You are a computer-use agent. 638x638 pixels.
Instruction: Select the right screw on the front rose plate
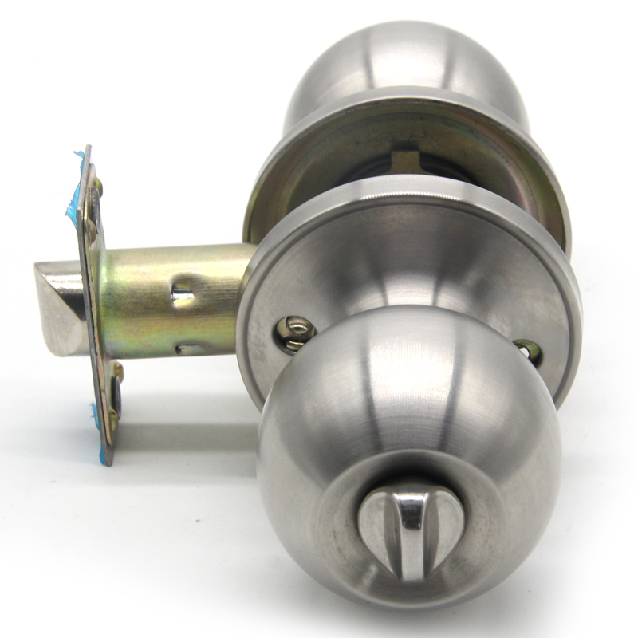(527, 350)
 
